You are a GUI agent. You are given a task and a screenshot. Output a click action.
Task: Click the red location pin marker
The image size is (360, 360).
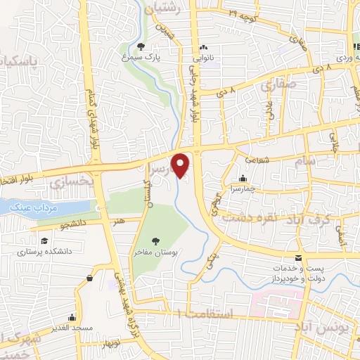182,165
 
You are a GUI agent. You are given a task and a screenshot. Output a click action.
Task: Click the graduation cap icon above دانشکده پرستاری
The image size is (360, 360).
44,240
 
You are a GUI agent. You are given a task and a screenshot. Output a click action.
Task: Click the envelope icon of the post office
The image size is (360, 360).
298,259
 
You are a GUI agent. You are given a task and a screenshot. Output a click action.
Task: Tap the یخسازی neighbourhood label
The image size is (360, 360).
71,181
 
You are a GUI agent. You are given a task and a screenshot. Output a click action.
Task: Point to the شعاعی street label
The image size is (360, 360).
256,160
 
